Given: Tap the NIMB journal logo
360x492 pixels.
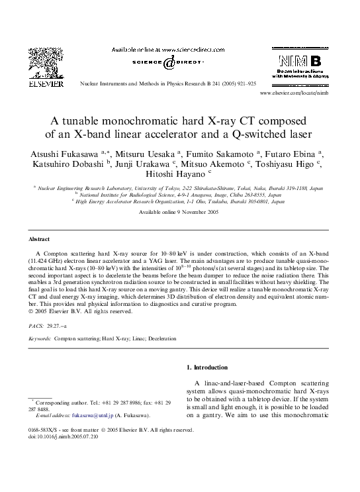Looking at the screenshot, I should click(300, 66).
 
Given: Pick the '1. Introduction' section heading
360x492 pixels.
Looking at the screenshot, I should click(207, 367).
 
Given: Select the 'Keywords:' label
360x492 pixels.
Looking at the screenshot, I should click(40, 338).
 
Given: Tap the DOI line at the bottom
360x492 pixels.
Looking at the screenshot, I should click(64, 437).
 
